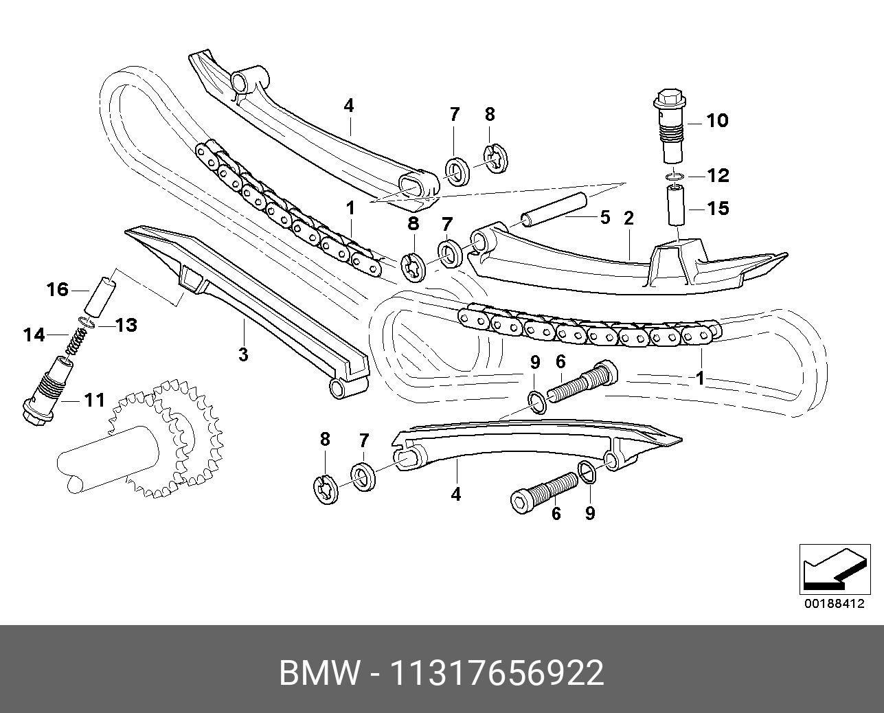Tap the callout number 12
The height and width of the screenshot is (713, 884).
pos(717,175)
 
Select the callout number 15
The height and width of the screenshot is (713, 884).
pos(717,207)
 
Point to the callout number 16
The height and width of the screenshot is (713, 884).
pos(58,289)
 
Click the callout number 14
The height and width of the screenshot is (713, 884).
pos(34,335)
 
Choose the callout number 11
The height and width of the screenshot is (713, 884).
pos(93,398)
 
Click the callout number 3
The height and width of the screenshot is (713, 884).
pos(242,354)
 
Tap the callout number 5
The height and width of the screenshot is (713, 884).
pos(604,218)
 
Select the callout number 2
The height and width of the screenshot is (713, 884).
pos(628,218)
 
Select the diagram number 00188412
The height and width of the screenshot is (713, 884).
pos(831,605)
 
